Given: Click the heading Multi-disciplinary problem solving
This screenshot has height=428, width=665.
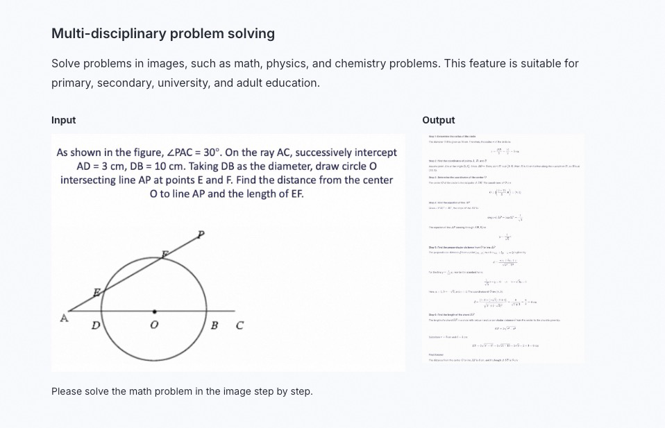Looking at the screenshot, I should [x=163, y=33].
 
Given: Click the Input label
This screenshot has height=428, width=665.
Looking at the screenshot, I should [x=63, y=120].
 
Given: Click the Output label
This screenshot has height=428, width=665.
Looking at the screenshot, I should [x=438, y=120].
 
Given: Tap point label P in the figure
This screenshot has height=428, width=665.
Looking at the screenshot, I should [x=201, y=234].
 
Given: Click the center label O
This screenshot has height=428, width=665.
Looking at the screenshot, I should [x=155, y=325].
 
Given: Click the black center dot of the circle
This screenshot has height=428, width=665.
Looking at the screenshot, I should [x=154, y=311].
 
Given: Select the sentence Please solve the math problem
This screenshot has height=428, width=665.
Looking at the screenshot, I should [x=182, y=391].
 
